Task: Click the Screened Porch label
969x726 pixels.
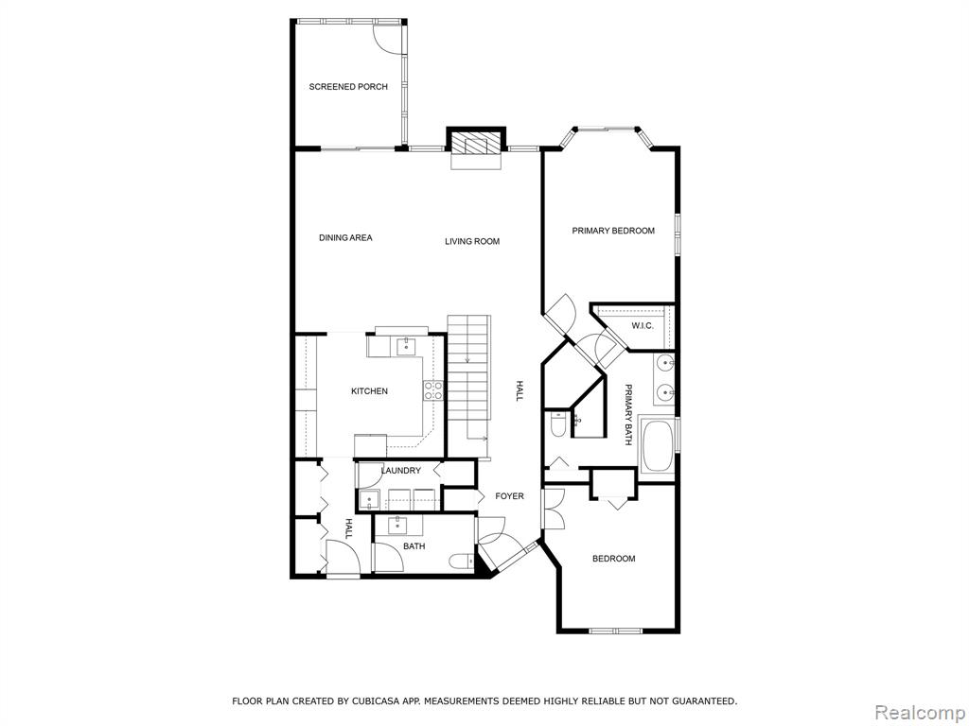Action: [x=348, y=87]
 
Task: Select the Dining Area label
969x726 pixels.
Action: [x=345, y=237]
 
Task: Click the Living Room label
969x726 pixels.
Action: [x=472, y=241]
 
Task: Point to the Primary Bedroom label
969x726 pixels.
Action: [x=613, y=231]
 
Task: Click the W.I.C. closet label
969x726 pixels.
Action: [x=643, y=325]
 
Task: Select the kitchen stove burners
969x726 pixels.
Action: [x=432, y=390]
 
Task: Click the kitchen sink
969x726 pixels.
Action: [x=406, y=346]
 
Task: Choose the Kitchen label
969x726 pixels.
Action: [x=370, y=391]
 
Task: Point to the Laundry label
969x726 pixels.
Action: [x=400, y=471]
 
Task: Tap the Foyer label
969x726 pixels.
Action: [x=509, y=496]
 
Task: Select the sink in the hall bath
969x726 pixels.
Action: [x=396, y=526]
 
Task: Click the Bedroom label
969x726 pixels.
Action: [x=613, y=560]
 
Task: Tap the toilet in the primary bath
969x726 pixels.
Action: [x=556, y=424]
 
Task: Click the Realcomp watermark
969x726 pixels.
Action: [x=920, y=713]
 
